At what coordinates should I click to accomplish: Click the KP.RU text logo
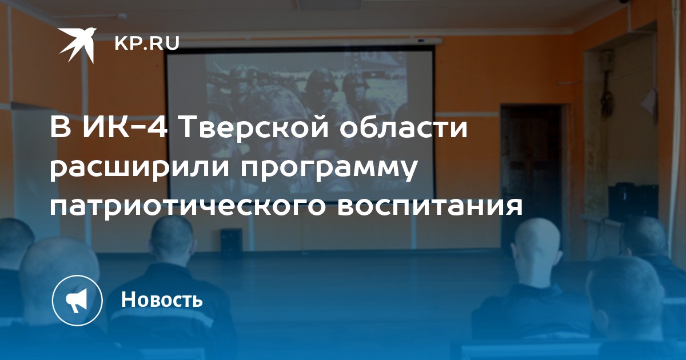pyautogui.click(x=147, y=43)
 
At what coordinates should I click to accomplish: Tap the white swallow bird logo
pyautogui.click(x=77, y=45)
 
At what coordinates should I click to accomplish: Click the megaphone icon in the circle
pyautogui.click(x=77, y=301)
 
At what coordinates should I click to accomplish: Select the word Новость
pyautogui.click(x=162, y=299)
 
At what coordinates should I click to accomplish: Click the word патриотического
pyautogui.click(x=188, y=207)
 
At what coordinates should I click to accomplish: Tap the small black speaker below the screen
pyautogui.click(x=231, y=241)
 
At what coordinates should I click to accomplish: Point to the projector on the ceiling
pyautogui.click(x=421, y=40)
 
